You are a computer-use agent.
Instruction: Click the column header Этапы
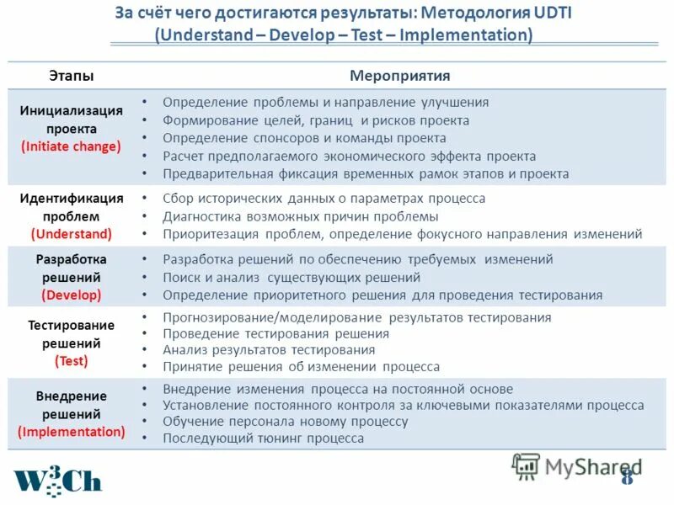click(71, 76)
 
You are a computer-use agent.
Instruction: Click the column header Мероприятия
click(399, 76)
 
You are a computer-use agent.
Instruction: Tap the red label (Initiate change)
click(71, 146)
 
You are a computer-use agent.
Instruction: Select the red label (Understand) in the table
click(71, 234)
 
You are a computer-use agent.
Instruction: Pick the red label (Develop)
click(71, 295)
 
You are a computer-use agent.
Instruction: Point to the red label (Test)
click(71, 361)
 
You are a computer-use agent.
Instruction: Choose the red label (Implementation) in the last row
click(71, 432)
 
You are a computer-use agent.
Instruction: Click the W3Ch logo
click(56, 477)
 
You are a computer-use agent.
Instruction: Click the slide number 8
click(626, 477)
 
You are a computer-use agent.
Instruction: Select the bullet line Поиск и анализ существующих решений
click(292, 277)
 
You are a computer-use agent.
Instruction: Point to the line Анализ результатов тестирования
click(269, 349)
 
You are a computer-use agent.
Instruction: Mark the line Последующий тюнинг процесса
click(263, 439)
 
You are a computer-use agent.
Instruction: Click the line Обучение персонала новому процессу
click(285, 422)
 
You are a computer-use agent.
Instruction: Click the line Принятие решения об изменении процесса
click(301, 367)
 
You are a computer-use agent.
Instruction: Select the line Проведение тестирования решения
click(275, 333)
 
